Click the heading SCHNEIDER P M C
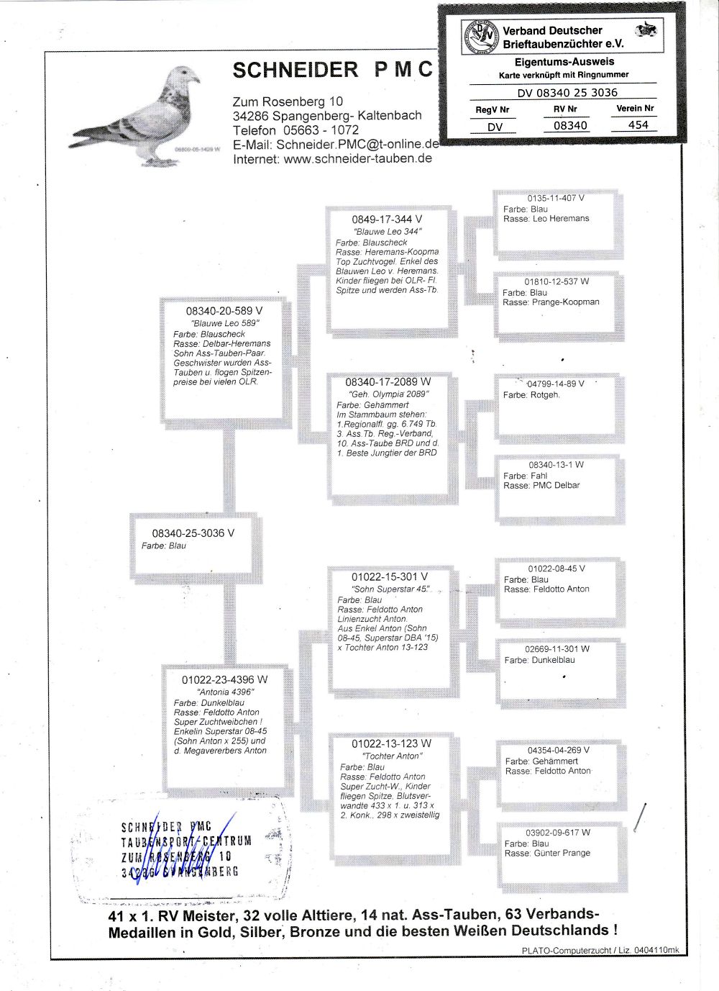[x=333, y=69]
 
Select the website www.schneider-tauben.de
[x=357, y=159]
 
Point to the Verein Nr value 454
[x=638, y=125]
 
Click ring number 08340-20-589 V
[x=224, y=311]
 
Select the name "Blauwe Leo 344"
[x=388, y=231]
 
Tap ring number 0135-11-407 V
[x=556, y=198]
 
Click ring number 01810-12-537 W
[x=557, y=281]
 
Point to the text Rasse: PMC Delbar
[x=541, y=486]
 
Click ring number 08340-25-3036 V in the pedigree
[x=193, y=533]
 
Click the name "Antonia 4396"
[x=226, y=692]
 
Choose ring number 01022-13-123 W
[x=391, y=743]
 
